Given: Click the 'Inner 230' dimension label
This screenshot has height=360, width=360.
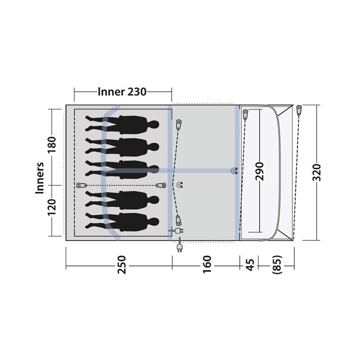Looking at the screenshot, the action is (122, 92).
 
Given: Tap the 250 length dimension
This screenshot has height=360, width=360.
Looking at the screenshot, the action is (121, 265).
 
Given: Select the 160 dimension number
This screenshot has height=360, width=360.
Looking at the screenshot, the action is (207, 265).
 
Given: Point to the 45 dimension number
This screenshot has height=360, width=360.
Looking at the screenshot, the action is (250, 265).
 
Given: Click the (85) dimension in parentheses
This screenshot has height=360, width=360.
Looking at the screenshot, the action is (277, 265).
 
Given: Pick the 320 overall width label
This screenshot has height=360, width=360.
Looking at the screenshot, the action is (317, 172).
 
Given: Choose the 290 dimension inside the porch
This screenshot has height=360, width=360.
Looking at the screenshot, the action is (260, 171).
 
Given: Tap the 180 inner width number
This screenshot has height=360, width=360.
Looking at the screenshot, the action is (52, 145).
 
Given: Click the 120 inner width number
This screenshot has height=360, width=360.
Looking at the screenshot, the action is (52, 207).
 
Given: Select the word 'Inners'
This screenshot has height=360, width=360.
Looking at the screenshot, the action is (40, 178).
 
